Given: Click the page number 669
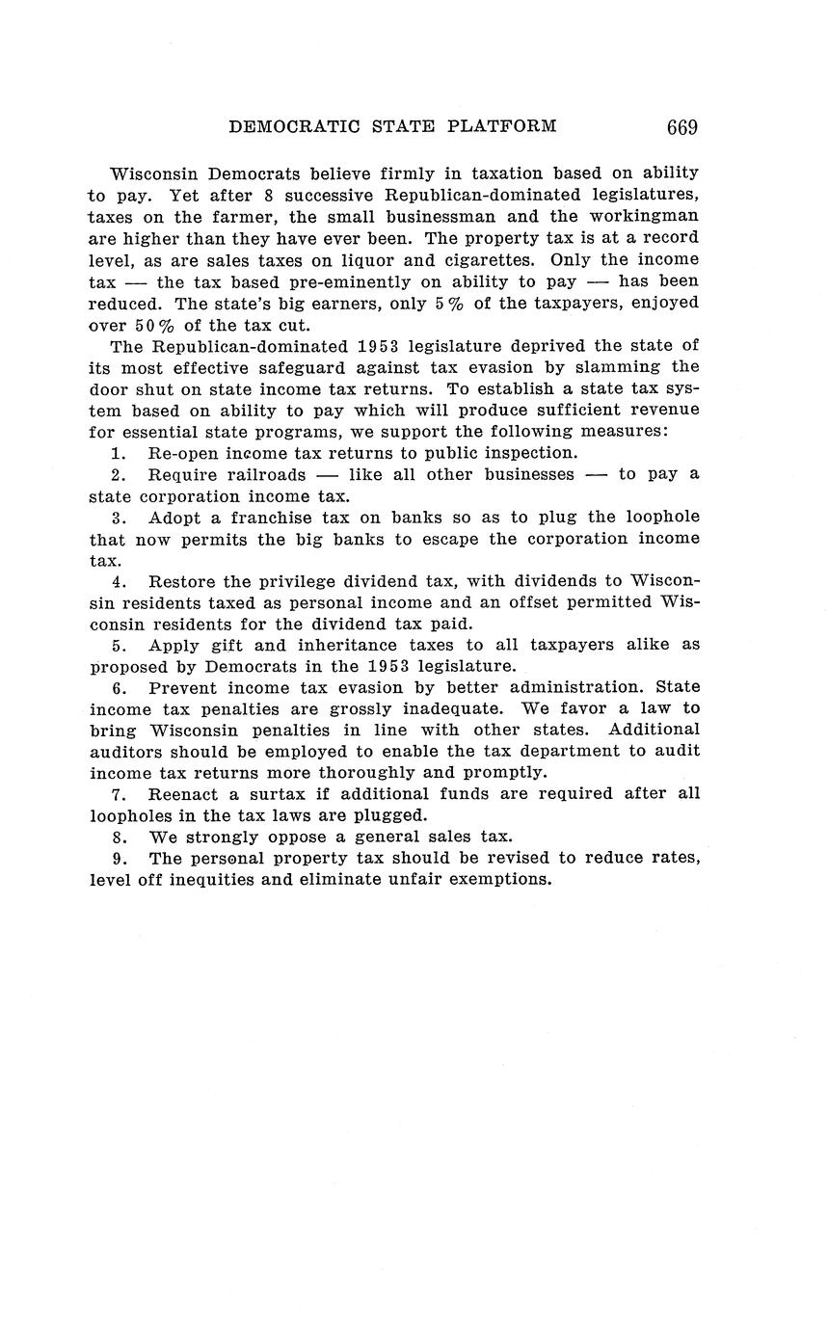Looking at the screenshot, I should point(681,127).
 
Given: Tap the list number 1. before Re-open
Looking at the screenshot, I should point(119,453).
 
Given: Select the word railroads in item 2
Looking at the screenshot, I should point(266,474).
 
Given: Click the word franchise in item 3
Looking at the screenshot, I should point(278,517).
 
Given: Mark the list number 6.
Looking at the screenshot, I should point(120,687).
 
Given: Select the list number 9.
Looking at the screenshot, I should point(120,858).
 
